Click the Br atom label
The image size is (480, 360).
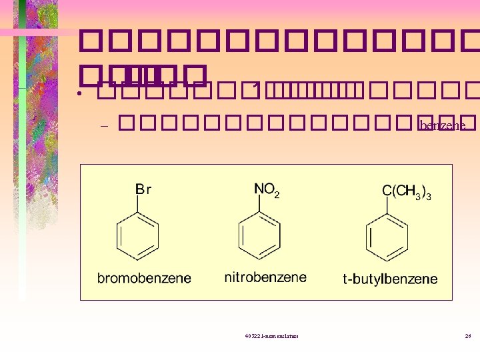pyautogui.click(x=143, y=189)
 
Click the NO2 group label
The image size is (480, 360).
pyautogui.click(x=267, y=190)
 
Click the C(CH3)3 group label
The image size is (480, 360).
pyautogui.click(x=406, y=191)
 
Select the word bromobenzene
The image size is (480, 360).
pyautogui.click(x=144, y=278)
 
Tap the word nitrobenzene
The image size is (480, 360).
pyautogui.click(x=265, y=277)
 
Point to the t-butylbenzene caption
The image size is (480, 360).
pyautogui.click(x=390, y=279)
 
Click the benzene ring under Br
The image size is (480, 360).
pyautogui.click(x=138, y=237)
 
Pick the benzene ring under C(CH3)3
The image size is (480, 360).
pyautogui.click(x=387, y=237)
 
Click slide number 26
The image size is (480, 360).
pyautogui.click(x=468, y=336)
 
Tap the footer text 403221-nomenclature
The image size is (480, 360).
pyautogui.click(x=272, y=336)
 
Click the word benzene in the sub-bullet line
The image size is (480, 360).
pyautogui.click(x=443, y=125)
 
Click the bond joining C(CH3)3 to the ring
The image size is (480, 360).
pyautogui.click(x=387, y=205)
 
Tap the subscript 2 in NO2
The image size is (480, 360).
pyautogui.click(x=277, y=194)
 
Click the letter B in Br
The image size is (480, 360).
pyautogui.click(x=139, y=189)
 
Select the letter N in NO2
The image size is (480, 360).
pyautogui.click(x=259, y=189)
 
